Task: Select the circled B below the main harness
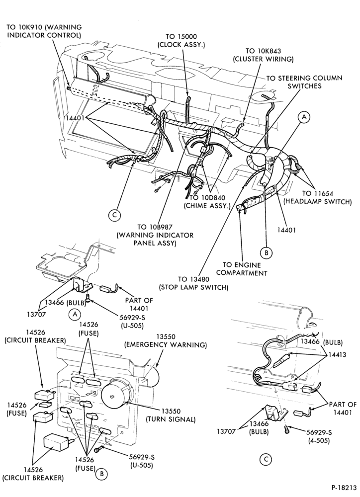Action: click(266, 252)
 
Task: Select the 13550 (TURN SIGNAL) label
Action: click(171, 415)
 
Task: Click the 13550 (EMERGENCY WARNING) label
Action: click(166, 341)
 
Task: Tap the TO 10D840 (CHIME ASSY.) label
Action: click(207, 202)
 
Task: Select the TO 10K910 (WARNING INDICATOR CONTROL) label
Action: click(44, 31)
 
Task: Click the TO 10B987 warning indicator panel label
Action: click(155, 235)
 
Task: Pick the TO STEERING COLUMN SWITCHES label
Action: click(304, 82)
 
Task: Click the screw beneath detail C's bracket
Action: click(286, 430)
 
